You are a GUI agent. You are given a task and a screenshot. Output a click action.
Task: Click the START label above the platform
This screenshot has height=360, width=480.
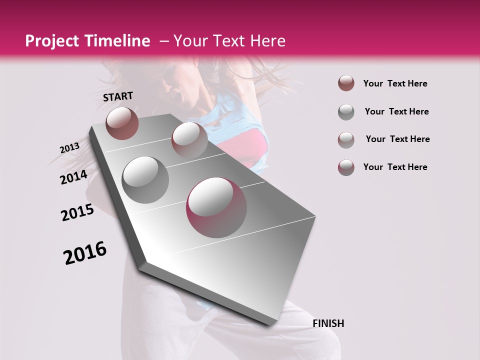(x=118, y=96)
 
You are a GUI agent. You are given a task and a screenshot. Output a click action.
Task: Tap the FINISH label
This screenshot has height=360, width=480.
(x=328, y=323)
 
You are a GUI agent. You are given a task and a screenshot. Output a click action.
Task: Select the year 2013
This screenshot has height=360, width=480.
(x=69, y=148)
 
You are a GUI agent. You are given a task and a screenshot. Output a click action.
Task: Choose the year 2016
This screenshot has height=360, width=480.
(x=85, y=253)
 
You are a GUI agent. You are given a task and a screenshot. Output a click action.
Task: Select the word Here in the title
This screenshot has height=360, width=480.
(x=267, y=41)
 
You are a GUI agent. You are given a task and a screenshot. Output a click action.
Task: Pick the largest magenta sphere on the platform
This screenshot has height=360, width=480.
(x=216, y=207)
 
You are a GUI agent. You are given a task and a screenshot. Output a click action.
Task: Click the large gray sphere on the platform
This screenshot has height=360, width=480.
(x=145, y=179)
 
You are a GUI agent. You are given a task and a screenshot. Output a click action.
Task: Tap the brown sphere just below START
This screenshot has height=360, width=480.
(x=122, y=123)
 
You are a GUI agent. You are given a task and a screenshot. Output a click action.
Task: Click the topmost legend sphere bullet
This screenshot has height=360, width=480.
(x=346, y=83)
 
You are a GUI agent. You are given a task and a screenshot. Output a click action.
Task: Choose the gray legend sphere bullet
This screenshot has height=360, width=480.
(x=346, y=112)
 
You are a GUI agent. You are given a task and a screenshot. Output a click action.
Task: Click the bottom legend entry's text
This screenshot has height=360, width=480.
(x=395, y=167)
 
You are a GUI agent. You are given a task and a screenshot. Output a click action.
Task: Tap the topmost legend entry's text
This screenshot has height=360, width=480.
(x=395, y=84)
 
